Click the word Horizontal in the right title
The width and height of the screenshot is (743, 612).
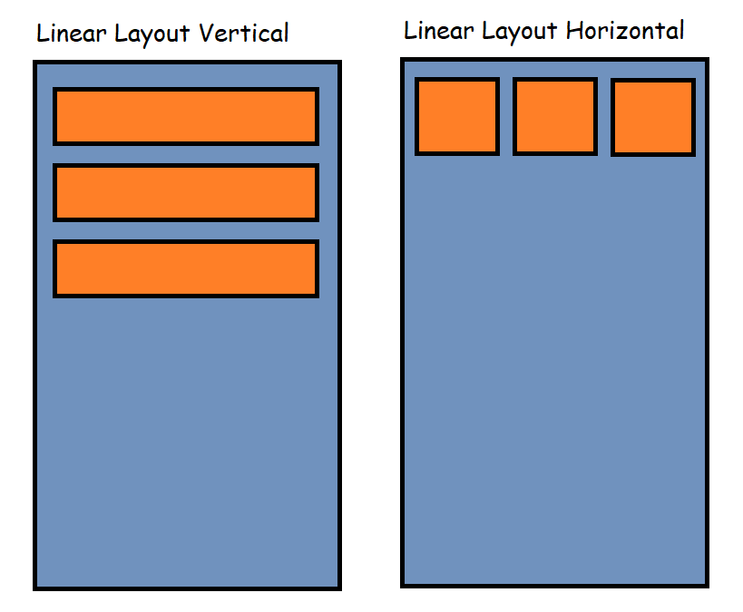625,31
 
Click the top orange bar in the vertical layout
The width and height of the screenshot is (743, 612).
186,116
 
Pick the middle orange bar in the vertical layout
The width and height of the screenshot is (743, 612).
186,192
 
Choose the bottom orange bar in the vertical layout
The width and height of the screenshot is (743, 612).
186,268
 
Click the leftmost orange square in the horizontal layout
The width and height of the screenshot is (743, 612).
457,116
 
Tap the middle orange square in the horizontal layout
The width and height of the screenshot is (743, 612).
555,116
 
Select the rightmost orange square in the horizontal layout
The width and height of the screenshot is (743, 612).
653,117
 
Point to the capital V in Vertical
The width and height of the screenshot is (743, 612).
205,34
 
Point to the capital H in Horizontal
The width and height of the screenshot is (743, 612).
573,31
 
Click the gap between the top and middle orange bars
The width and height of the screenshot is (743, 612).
186,154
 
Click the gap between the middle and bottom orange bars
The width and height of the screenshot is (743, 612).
186,230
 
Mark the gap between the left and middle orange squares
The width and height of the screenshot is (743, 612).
506,116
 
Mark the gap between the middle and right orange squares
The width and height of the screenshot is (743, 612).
604,116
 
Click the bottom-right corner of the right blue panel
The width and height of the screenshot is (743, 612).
706,585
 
